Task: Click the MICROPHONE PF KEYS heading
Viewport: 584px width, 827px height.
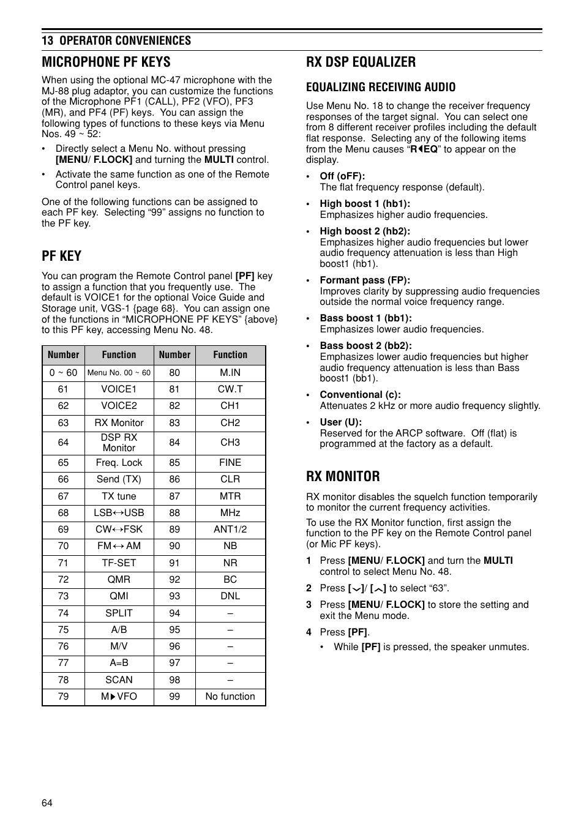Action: click(x=106, y=62)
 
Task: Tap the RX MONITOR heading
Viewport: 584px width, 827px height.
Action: click(x=343, y=476)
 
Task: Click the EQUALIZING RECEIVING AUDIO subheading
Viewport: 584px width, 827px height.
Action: click(x=381, y=87)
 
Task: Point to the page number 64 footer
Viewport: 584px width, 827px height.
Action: click(x=47, y=803)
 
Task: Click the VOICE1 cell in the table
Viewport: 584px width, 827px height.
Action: click(x=119, y=389)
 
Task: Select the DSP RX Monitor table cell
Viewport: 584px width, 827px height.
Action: click(x=119, y=443)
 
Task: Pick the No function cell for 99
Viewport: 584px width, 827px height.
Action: click(x=230, y=697)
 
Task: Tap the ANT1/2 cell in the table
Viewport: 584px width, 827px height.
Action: click(x=230, y=530)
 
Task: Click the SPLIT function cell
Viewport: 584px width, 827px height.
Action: click(x=119, y=613)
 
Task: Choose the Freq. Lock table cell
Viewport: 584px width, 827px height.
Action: click(x=119, y=463)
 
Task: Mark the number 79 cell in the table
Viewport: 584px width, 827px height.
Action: click(x=63, y=697)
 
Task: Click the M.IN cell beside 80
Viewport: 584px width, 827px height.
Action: click(x=230, y=373)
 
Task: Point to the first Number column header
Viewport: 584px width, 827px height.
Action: click(x=63, y=355)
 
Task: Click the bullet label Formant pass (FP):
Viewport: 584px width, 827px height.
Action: click(x=365, y=280)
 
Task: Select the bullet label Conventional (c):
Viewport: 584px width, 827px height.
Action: click(x=360, y=395)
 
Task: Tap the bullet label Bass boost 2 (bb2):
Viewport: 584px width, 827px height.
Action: click(x=365, y=346)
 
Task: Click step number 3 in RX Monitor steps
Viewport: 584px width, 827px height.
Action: click(x=309, y=605)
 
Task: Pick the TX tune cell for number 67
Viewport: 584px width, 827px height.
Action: click(x=119, y=496)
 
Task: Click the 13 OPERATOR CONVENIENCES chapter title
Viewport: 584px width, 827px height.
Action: click(x=116, y=40)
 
